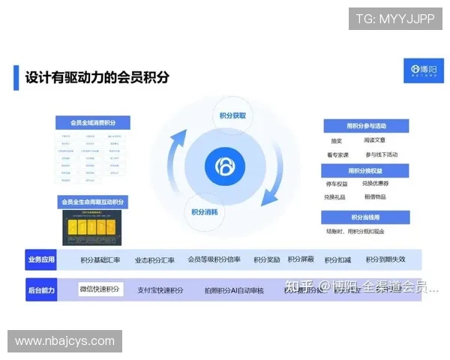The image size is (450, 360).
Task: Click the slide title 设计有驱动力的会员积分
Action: [97, 77]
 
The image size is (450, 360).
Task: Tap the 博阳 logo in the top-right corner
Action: [424, 70]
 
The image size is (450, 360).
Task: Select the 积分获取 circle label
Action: [232, 116]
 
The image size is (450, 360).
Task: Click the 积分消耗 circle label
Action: [204, 211]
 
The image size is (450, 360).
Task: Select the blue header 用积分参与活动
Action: [366, 125]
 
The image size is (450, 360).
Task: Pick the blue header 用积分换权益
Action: [366, 170]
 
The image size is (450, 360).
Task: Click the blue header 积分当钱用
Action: [366, 217]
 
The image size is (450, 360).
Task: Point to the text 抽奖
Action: [336, 140]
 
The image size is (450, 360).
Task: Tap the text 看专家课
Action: [338, 154]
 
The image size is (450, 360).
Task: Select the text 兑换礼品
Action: [335, 197]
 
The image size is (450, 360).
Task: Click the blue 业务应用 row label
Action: [41, 259]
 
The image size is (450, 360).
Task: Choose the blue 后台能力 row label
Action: [41, 289]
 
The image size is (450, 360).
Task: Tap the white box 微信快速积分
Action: [100, 289]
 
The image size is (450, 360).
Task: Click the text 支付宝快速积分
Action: [160, 290]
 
